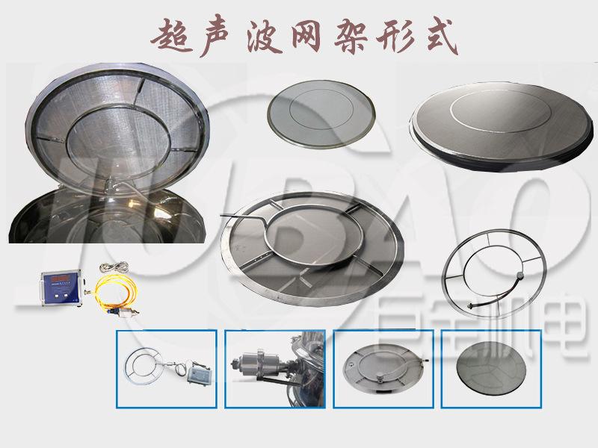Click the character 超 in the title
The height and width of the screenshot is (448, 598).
tap(170, 35)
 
